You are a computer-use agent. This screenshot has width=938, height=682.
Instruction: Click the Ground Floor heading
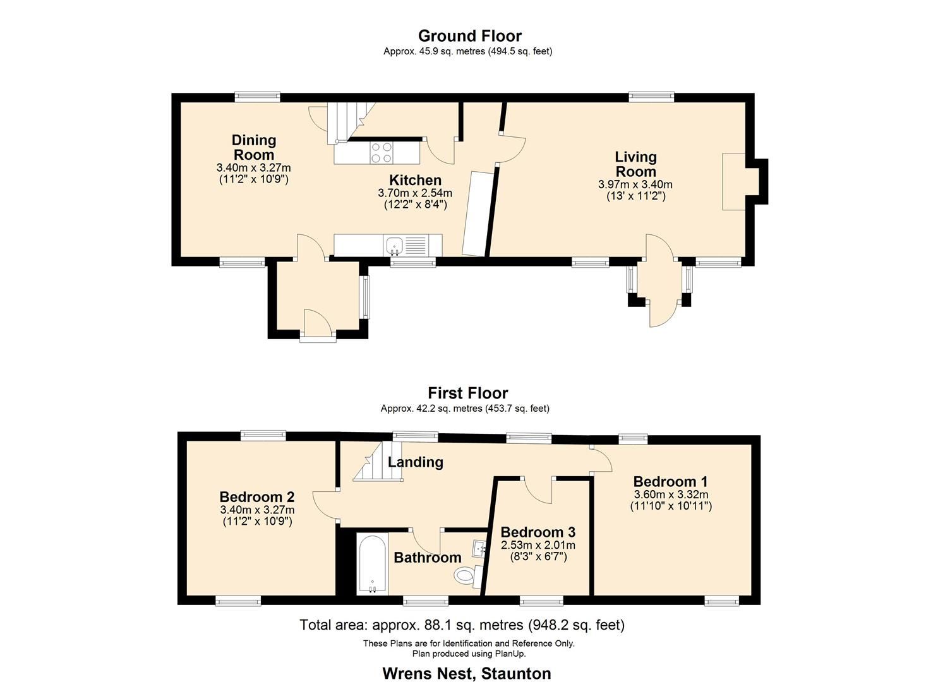[x=469, y=36]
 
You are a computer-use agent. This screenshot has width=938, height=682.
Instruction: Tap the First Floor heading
[x=467, y=393]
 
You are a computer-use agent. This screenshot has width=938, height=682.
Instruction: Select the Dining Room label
[x=254, y=147]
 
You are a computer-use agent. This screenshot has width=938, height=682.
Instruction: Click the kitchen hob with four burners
[x=381, y=152]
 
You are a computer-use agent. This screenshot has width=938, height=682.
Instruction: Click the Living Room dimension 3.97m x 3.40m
[x=635, y=185]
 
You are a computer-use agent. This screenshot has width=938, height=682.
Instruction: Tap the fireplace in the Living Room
[x=735, y=181]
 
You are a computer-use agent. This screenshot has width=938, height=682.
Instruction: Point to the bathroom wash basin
[x=479, y=548]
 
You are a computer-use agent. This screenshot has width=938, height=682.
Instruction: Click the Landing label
[x=415, y=462]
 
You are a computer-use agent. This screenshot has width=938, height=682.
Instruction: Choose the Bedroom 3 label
[x=538, y=532]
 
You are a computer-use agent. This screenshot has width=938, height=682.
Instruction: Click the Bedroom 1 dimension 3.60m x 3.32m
[x=671, y=494]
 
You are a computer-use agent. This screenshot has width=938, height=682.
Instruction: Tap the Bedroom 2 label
[x=257, y=497]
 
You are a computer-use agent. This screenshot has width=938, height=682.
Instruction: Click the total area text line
[x=462, y=625]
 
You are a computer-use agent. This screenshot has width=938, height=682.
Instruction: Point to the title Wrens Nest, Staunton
[x=466, y=673]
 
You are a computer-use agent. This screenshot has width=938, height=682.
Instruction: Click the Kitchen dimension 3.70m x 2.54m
[x=415, y=193]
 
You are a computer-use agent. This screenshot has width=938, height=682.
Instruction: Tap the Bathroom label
[x=427, y=558]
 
